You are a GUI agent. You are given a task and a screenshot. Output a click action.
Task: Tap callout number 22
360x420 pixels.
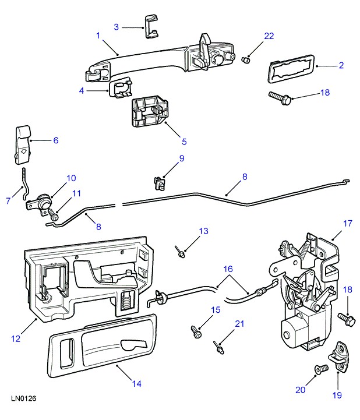point(269,36)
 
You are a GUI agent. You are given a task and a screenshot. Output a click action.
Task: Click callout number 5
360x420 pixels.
point(184,141)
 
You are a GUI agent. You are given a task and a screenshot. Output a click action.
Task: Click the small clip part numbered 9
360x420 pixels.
point(160,182)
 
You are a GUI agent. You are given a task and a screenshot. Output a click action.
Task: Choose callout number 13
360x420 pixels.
point(203,232)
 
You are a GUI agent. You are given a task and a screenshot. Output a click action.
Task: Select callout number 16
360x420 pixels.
point(228,269)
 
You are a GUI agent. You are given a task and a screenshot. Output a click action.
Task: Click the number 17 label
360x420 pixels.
point(348,223)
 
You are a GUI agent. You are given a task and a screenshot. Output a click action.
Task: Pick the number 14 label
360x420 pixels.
point(136,384)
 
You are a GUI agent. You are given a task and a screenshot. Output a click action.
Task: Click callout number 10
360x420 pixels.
point(70,178)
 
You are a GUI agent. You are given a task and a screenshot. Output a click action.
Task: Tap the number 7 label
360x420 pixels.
point(8,201)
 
